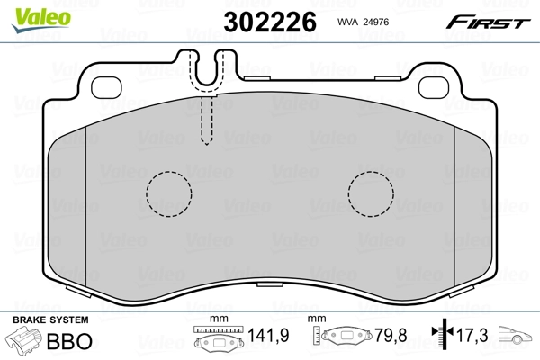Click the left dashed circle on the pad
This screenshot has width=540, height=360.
tap(169, 193)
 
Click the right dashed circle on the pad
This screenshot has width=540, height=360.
tap(372, 193)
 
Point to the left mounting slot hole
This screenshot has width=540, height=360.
tap(108, 88)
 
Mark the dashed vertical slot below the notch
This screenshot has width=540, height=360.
tap(205, 119)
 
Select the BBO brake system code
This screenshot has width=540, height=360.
tap(73, 342)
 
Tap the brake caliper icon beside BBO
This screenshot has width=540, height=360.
tap(26, 342)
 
